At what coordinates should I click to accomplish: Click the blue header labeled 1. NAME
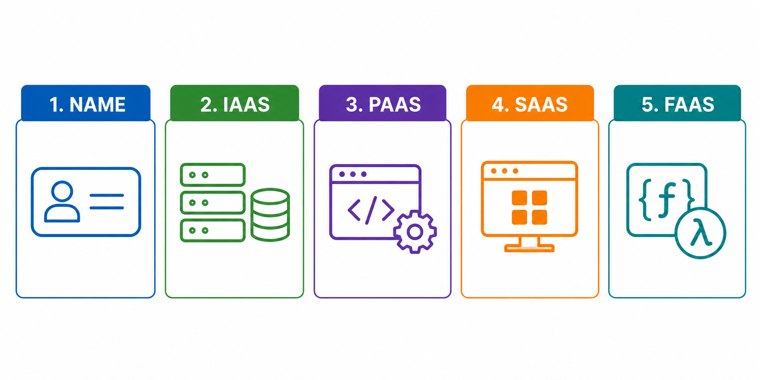coord(86,103)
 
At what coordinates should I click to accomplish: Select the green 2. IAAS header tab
coord(234,103)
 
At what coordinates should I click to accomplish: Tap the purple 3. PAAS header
coord(383,103)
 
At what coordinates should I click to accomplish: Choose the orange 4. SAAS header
coord(530,103)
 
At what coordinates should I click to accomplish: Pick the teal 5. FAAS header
coord(677,103)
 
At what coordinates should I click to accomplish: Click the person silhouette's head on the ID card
coord(62,191)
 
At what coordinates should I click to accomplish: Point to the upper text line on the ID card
coord(107,195)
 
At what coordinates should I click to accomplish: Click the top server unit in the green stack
coord(212,175)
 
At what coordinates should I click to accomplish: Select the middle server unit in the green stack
coord(212,203)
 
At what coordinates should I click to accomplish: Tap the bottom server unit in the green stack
coord(212,230)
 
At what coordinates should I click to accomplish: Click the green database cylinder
coord(270,215)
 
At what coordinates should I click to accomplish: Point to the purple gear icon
coord(415,232)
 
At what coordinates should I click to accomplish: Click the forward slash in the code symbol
coord(371,210)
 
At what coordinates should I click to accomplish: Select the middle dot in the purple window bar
coord(353,174)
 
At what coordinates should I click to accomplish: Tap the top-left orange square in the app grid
coord(519,198)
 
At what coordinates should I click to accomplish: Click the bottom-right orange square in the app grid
coord(539,217)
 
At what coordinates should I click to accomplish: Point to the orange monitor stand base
coord(530,248)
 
